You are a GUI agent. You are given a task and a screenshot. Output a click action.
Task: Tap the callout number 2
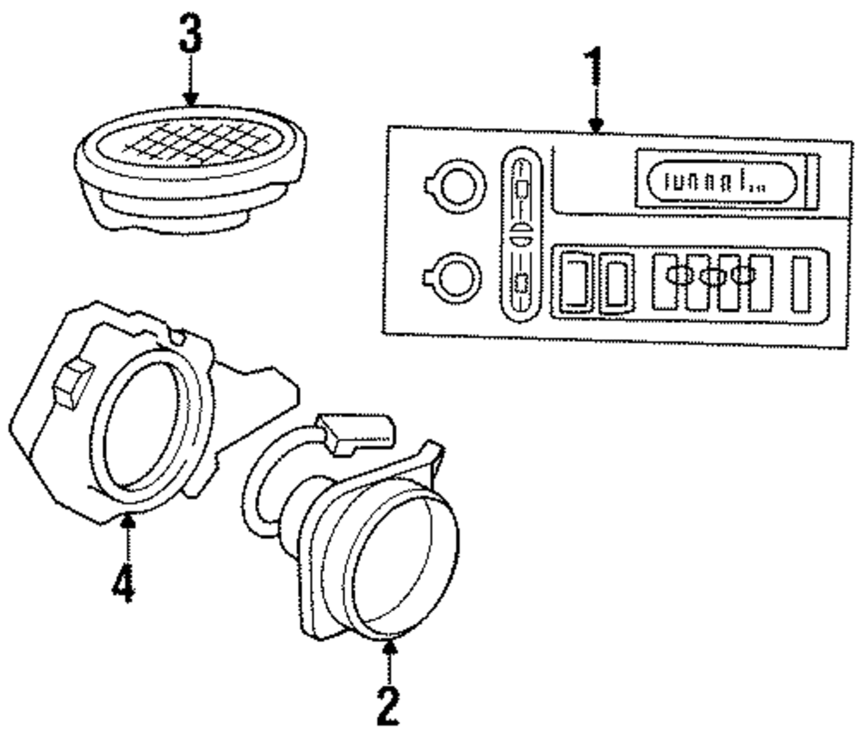point(388,701)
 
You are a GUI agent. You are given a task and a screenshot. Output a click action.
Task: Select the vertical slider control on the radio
point(520,232)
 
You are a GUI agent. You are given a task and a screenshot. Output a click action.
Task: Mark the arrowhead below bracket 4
point(128,523)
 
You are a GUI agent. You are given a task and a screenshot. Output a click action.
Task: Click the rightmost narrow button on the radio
point(802,283)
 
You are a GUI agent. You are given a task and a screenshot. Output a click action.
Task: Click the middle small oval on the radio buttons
point(712,277)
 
